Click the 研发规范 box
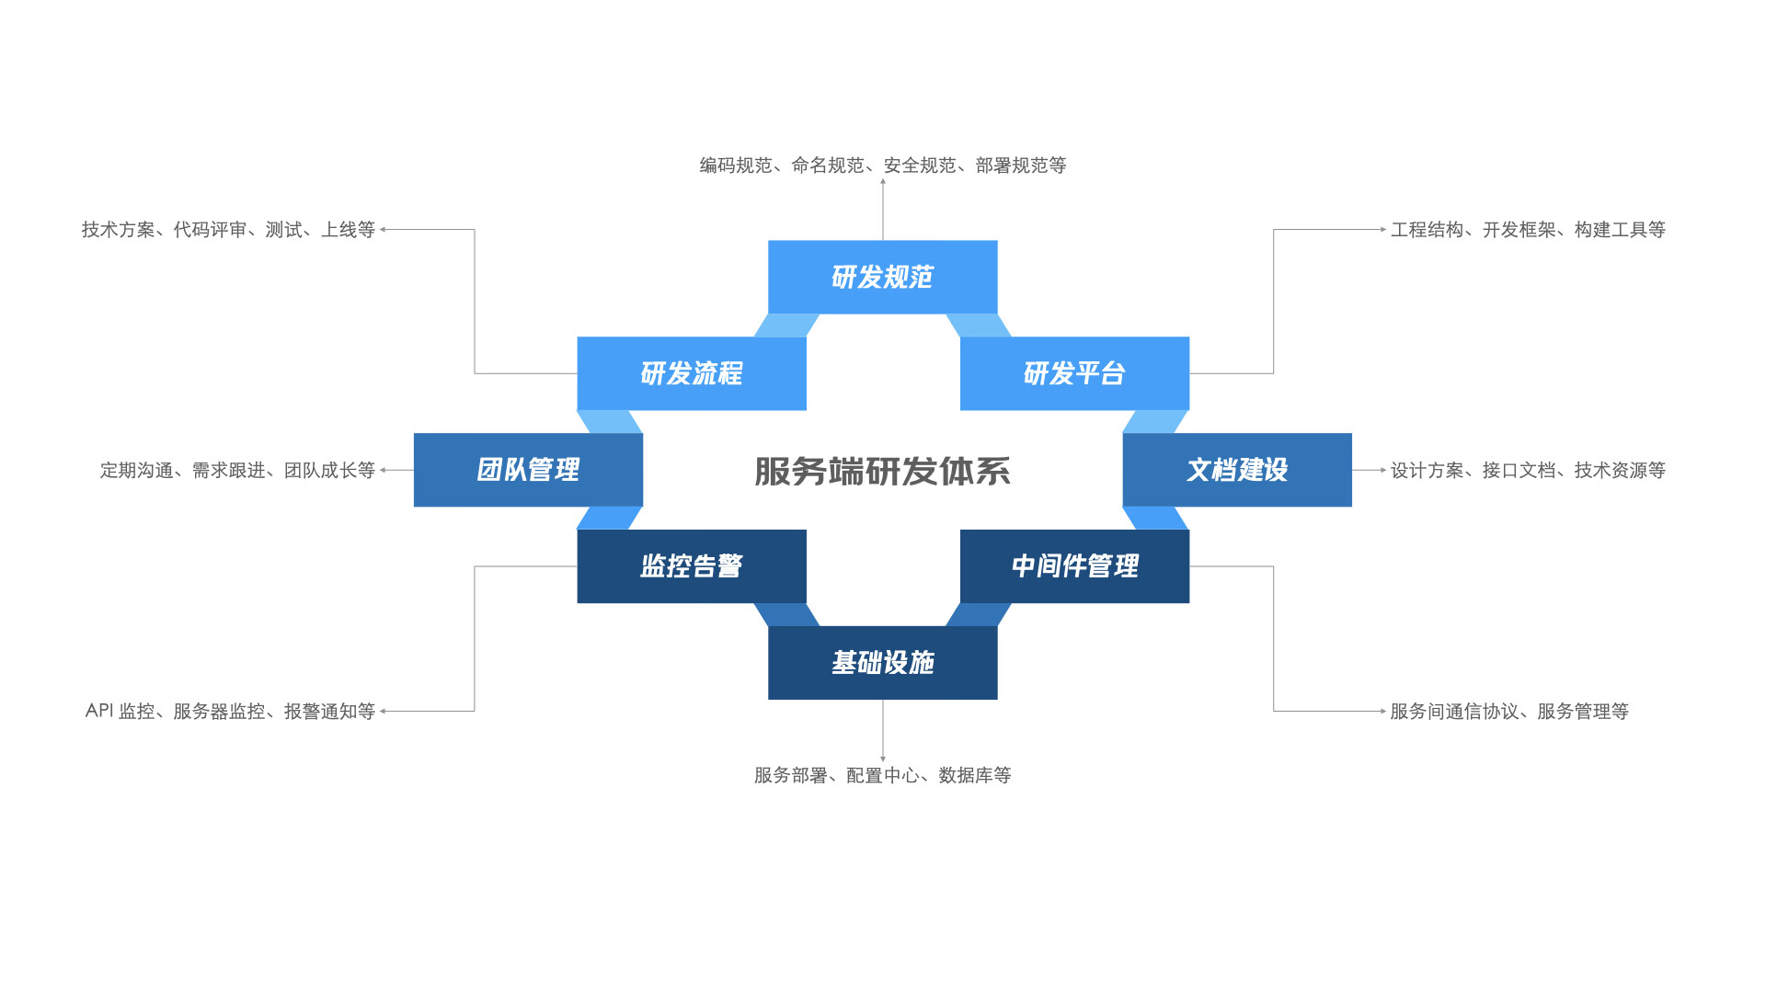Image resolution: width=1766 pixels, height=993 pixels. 882,277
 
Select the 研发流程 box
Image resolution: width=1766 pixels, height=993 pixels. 691,373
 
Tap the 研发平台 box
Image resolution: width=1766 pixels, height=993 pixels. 1074,373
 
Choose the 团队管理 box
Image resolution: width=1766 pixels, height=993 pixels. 528,470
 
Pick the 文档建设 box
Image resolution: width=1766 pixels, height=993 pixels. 1237,470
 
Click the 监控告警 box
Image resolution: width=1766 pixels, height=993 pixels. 691,566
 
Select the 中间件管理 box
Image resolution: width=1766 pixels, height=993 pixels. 1074,566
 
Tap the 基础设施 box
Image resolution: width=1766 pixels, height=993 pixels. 882,663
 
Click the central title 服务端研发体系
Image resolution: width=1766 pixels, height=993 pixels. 882,471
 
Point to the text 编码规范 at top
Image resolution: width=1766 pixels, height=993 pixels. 736,165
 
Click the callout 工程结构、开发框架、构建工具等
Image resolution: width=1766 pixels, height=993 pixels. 1528,230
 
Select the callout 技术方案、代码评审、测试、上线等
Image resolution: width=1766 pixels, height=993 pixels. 228,230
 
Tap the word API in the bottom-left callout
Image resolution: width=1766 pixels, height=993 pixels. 99,711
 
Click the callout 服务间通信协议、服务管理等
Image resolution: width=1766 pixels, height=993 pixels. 1509,712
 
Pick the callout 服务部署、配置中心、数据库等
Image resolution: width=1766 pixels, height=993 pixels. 882,776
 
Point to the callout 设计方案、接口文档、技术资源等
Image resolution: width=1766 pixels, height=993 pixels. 1528,471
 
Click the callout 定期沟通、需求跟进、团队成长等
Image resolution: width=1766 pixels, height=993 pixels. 237,471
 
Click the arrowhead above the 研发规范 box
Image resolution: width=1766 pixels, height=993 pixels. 883,182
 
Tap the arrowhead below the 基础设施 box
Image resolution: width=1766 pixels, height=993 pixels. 883,759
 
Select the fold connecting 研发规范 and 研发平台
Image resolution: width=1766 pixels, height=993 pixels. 979,325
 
